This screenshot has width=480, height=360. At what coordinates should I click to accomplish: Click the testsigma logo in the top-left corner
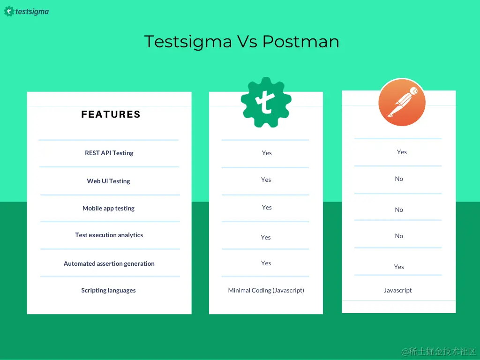[26, 11]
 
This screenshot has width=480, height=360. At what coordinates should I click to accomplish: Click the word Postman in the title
[300, 42]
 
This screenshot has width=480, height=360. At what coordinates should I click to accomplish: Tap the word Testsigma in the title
[187, 42]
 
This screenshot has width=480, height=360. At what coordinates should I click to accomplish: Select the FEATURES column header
[111, 114]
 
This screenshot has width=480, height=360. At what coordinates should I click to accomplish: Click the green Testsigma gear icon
[266, 102]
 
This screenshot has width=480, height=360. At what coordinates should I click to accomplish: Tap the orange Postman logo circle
[402, 103]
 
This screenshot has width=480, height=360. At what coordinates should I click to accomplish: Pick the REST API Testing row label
[109, 153]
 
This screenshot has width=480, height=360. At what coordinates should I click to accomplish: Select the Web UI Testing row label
[108, 181]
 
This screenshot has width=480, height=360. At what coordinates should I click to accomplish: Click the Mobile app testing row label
[108, 208]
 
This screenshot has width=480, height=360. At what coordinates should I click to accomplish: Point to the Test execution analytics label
[109, 235]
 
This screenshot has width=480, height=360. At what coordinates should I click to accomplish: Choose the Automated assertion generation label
[109, 263]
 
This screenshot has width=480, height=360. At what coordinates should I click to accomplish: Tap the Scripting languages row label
[108, 290]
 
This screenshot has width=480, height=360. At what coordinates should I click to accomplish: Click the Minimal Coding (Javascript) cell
[266, 290]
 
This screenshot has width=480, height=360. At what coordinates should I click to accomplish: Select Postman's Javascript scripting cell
[397, 290]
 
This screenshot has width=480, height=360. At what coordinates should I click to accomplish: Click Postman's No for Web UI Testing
[399, 179]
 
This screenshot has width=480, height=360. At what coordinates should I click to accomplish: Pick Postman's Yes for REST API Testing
[402, 152]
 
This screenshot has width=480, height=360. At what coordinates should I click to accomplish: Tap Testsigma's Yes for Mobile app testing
[267, 207]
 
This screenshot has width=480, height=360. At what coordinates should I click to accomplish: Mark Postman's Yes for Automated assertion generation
[399, 267]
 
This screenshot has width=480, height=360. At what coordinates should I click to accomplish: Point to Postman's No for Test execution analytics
[399, 236]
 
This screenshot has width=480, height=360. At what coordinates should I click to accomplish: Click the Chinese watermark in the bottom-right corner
[438, 351]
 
